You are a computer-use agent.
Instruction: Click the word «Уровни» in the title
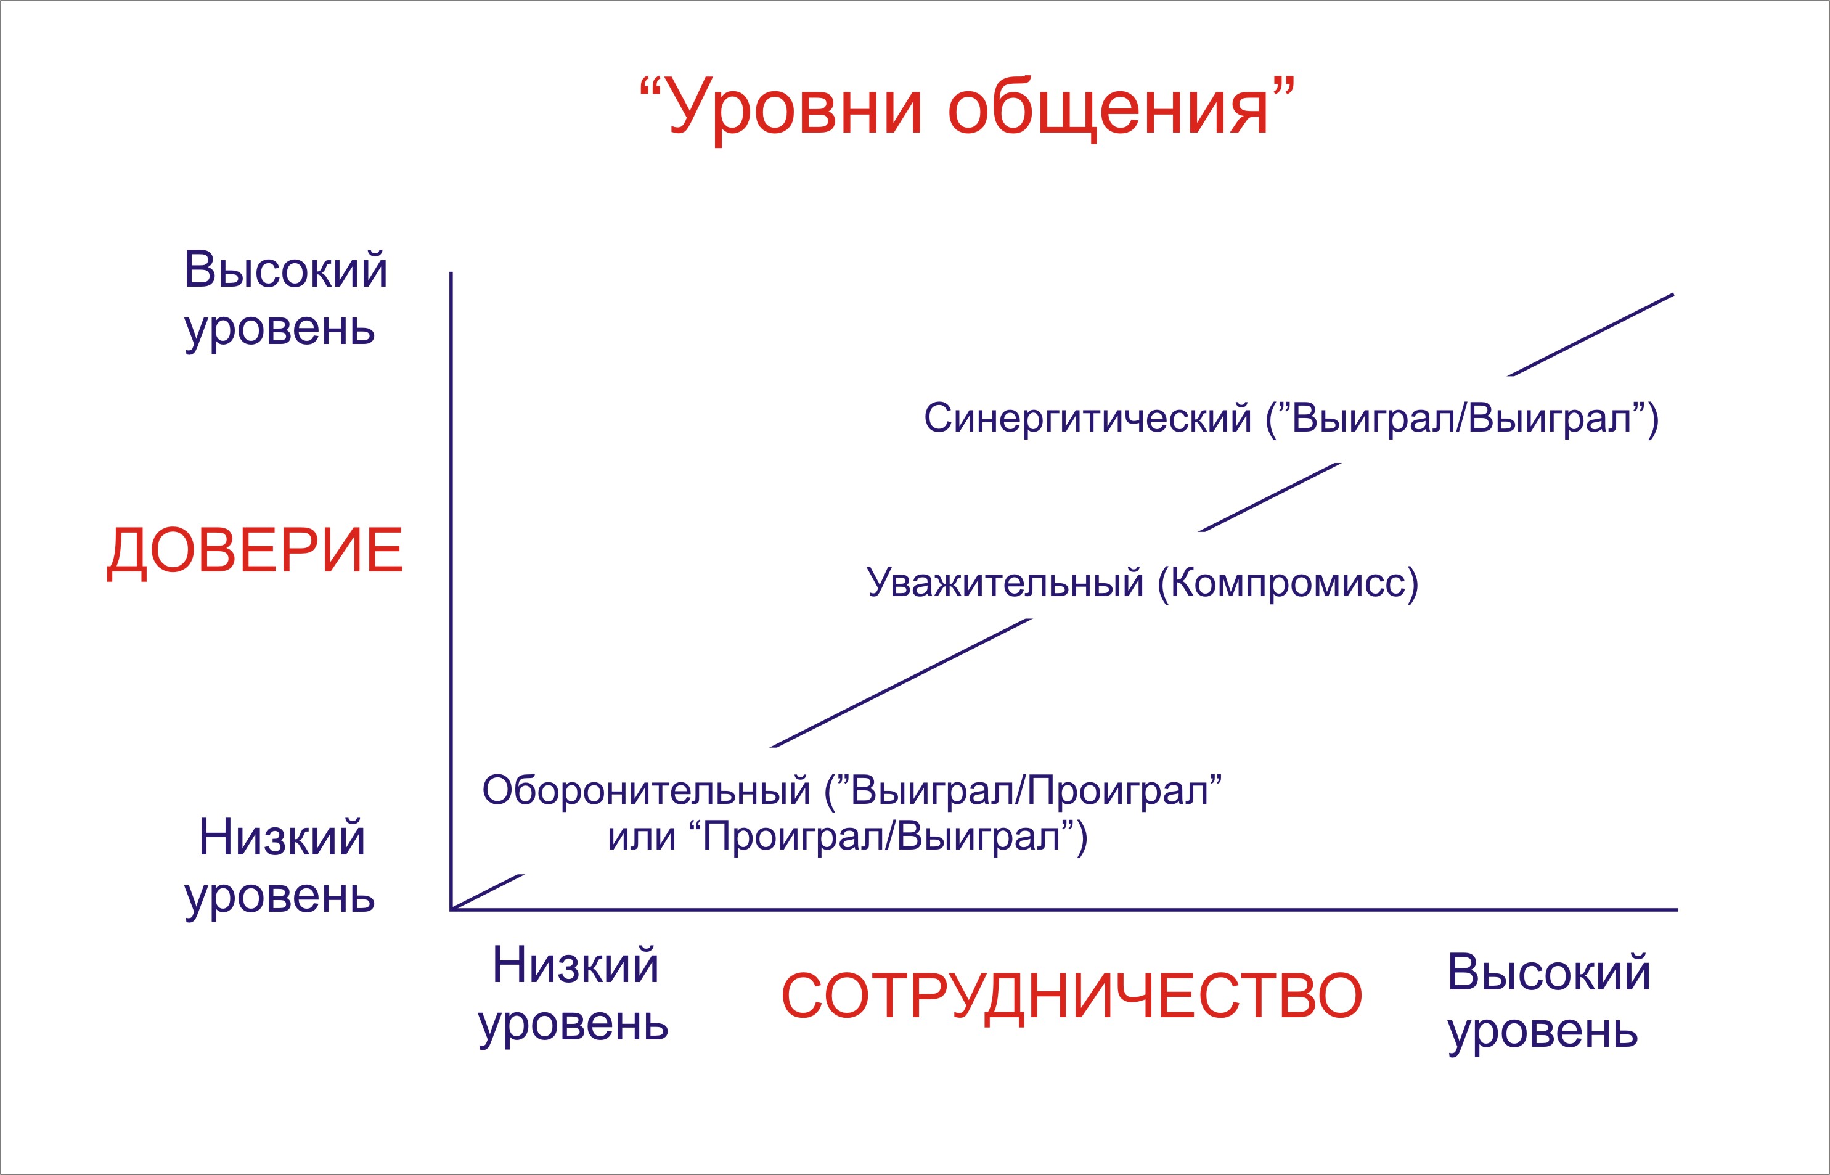(795, 109)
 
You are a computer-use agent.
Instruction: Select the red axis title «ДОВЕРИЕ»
(255, 551)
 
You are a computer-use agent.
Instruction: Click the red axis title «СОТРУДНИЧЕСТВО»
(1072, 996)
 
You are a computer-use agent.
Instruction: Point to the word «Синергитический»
(1088, 419)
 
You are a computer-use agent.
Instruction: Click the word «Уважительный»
(1005, 583)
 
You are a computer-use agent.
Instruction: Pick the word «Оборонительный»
(646, 790)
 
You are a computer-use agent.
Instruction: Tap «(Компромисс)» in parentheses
(1288, 583)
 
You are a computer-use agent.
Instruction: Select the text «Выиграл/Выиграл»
(1461, 418)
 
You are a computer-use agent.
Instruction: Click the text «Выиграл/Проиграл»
(1030, 790)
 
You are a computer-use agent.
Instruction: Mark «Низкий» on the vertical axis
(282, 838)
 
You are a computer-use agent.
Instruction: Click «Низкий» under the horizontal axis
(576, 965)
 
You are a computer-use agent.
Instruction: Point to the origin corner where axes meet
(452, 909)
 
